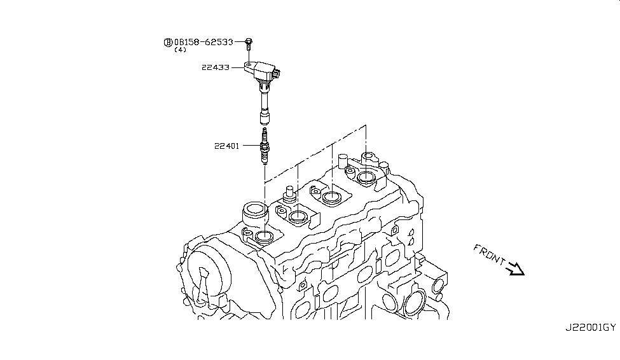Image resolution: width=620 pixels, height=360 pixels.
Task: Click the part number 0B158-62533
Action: (207, 42)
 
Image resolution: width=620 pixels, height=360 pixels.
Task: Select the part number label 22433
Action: (215, 66)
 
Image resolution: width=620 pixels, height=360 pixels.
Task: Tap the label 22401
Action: (226, 146)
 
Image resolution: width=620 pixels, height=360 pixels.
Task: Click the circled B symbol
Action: (168, 42)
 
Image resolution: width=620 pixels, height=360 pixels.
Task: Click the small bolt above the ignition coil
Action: (249, 43)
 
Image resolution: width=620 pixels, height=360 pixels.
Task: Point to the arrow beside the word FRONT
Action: (514, 270)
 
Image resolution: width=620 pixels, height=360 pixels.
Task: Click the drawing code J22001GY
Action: (590, 328)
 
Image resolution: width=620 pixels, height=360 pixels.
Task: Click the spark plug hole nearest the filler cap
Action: (262, 239)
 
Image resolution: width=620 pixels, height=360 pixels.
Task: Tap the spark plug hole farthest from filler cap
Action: (366, 176)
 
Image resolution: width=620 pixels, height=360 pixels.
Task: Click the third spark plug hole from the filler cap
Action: (332, 197)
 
